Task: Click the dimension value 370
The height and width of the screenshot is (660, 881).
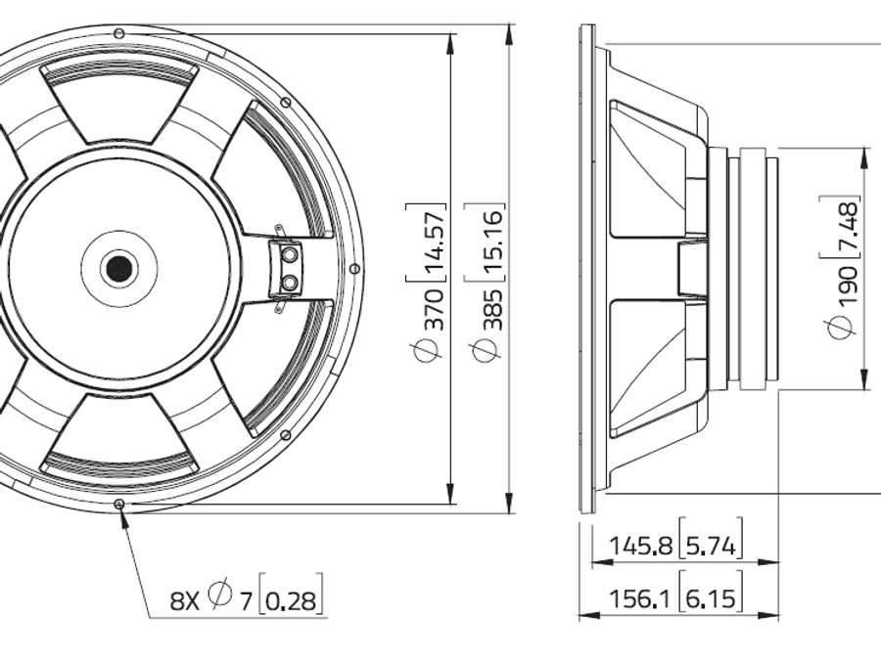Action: pos(434,310)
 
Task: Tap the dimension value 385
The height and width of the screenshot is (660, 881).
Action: pos(492,310)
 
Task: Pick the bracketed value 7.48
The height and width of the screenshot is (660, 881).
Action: pos(846,227)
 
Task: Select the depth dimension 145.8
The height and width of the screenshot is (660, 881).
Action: pos(640,546)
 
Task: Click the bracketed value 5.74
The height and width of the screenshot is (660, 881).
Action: pos(711,546)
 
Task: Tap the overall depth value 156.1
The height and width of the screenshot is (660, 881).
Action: pos(640,598)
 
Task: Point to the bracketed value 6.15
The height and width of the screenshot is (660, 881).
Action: pos(711,598)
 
